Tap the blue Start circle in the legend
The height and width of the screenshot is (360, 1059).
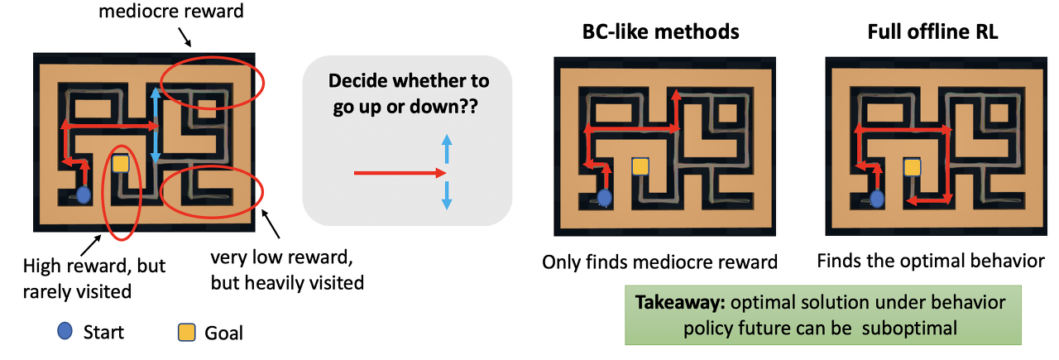click(x=65, y=332)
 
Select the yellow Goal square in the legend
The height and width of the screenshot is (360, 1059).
click(x=188, y=332)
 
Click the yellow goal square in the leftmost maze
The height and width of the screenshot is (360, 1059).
click(x=121, y=164)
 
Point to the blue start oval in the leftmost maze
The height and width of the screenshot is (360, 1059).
click(x=84, y=195)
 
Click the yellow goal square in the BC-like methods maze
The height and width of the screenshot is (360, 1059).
click(x=640, y=166)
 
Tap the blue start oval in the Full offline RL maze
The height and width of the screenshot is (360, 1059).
click(x=875, y=198)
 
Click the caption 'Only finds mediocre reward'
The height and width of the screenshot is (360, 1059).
click(x=659, y=262)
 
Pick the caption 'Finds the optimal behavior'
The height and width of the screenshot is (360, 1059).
click(x=931, y=262)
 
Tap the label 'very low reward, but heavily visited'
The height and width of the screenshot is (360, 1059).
click(x=286, y=271)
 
